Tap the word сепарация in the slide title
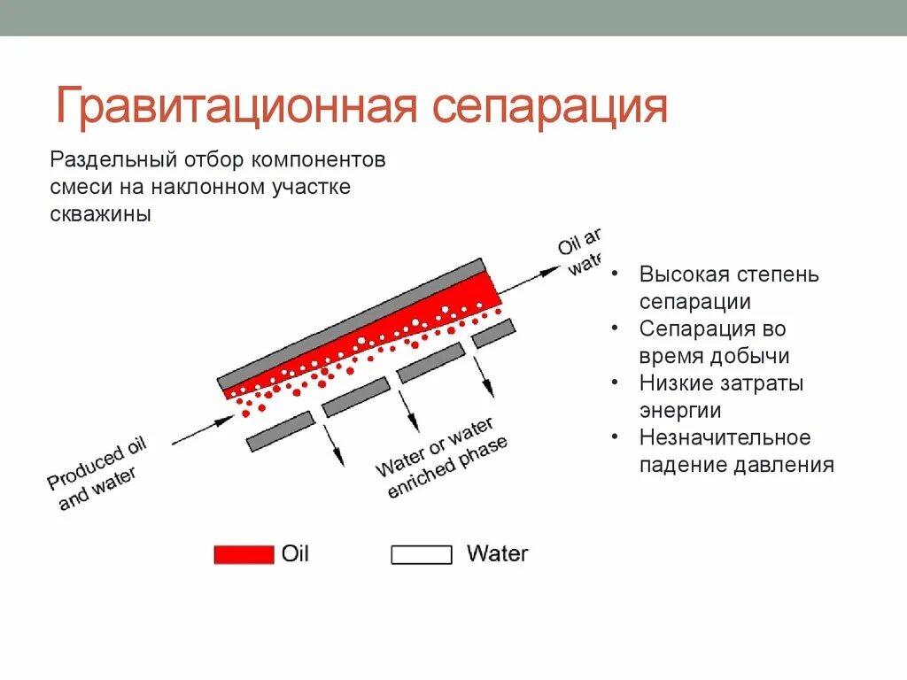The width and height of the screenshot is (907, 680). coord(550,107)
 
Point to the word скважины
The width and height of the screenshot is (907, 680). coord(100,215)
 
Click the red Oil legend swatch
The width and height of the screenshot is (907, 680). coord(244,555)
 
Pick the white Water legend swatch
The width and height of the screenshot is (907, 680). coord(422,555)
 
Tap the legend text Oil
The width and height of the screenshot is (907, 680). coord(295,554)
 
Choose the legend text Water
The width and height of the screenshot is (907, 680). coord(497,554)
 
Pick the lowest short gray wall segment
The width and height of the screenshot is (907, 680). coord(280,431)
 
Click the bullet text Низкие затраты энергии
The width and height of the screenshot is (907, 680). coord(721,398)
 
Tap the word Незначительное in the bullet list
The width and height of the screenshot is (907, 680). coord(725,438)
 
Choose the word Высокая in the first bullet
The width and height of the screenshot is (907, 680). coord(679,274)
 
